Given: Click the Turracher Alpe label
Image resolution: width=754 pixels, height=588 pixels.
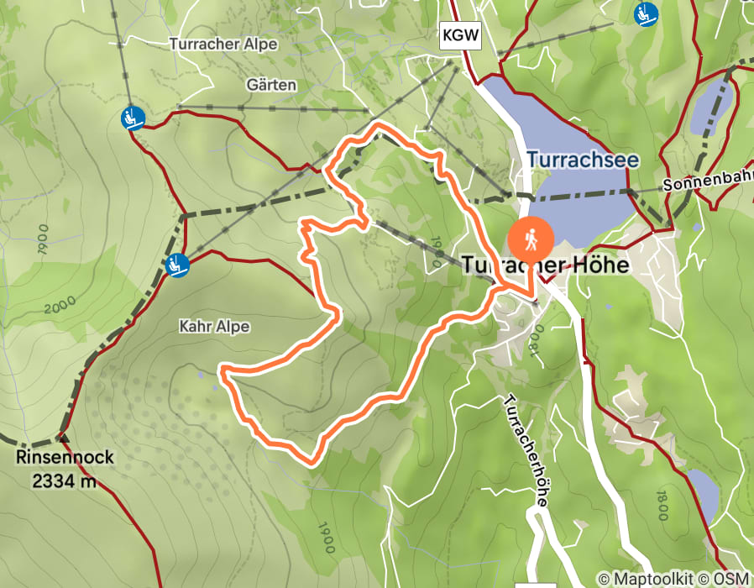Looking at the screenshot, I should (x=223, y=44).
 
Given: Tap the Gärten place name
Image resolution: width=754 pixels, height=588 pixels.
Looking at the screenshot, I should (x=271, y=85).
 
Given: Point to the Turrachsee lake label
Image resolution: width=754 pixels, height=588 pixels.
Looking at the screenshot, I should (x=583, y=160).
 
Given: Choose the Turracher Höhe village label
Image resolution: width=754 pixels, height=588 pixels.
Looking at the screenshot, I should (x=544, y=265).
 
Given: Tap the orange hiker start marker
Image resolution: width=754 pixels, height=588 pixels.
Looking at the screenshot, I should (x=531, y=238).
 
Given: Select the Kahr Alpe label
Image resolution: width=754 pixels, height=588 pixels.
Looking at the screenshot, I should (x=214, y=326).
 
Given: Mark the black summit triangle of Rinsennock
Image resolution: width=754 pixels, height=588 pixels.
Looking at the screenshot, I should (x=61, y=437).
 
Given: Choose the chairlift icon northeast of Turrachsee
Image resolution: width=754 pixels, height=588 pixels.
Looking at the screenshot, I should (x=646, y=13).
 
